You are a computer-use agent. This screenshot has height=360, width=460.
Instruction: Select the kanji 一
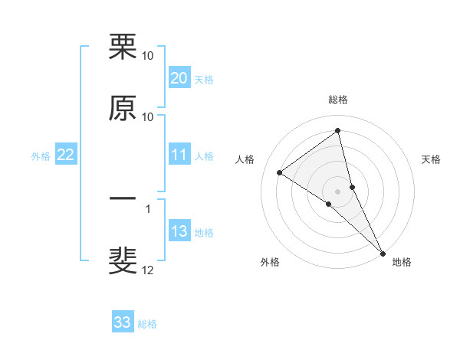click(x=123, y=200)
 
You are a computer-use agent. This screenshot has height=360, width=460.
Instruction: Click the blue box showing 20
click(x=179, y=78)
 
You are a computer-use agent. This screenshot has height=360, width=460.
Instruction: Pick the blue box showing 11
click(x=179, y=155)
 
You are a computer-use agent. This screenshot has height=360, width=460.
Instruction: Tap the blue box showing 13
click(x=179, y=231)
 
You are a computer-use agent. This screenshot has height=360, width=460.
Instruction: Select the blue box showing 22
click(x=65, y=155)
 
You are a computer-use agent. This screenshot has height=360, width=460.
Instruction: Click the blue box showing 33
click(x=123, y=322)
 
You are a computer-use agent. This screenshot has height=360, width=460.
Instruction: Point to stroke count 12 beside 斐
click(x=148, y=270)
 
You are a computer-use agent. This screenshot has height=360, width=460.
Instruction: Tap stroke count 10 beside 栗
click(x=148, y=56)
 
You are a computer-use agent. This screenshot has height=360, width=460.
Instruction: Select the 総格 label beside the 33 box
click(x=147, y=324)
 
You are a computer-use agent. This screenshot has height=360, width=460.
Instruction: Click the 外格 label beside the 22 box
click(x=41, y=156)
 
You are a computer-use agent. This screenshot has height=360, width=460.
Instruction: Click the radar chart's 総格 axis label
click(x=338, y=100)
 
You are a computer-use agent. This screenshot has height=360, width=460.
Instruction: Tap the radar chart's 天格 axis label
click(x=432, y=159)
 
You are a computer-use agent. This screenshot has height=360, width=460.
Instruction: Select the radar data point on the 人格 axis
click(x=280, y=172)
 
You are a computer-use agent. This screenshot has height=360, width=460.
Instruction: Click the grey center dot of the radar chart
click(x=338, y=191)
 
